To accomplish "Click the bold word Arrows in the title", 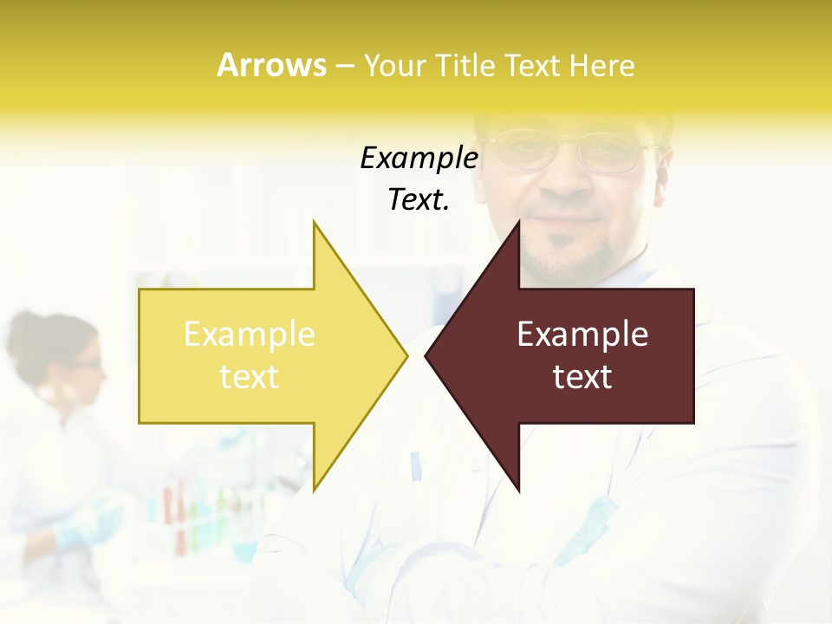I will [271, 65].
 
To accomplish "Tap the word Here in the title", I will [601, 66].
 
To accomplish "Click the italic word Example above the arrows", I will [419, 159].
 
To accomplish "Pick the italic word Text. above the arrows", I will [419, 200].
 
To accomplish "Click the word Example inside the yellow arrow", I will [250, 335].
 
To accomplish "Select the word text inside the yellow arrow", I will [250, 377].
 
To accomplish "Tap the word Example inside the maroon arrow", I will [582, 335].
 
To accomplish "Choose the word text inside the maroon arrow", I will [582, 377].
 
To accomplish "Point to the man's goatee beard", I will [568, 260].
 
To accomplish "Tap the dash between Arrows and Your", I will [344, 66].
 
